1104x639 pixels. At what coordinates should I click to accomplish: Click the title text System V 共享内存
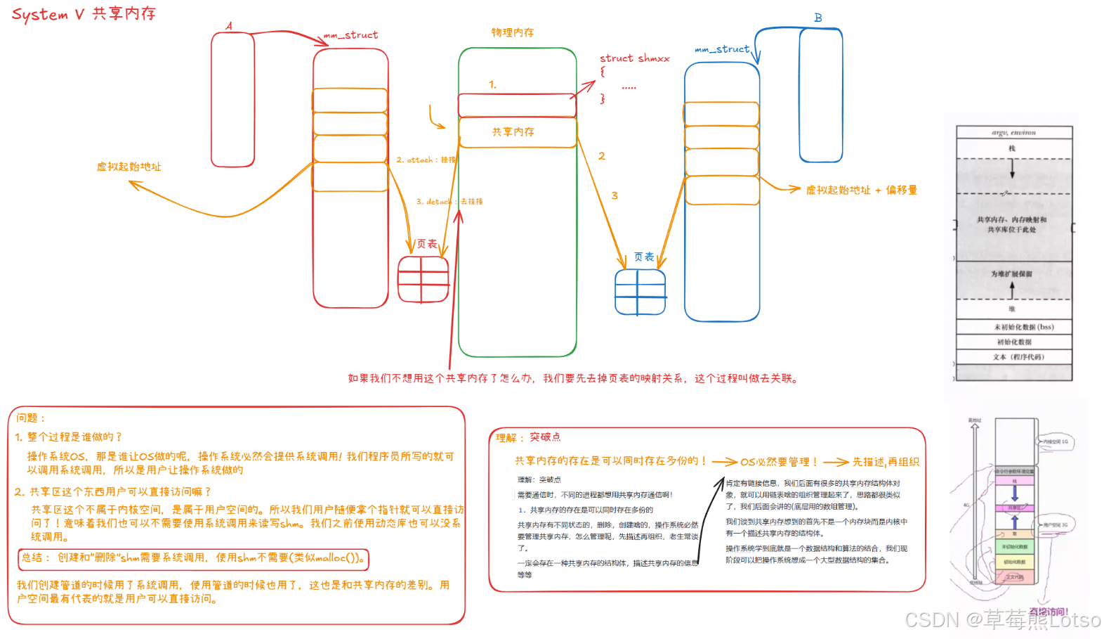tap(84, 14)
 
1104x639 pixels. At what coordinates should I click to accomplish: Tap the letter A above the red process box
tap(229, 26)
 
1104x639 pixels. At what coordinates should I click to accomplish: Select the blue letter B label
tap(818, 18)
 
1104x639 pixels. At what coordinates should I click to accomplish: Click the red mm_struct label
tap(351, 35)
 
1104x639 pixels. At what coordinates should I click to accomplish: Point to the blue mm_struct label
tap(722, 49)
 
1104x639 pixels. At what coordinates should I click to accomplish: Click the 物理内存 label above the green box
tap(513, 32)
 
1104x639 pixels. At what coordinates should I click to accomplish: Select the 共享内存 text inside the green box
tap(513, 132)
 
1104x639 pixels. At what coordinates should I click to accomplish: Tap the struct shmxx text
tap(634, 58)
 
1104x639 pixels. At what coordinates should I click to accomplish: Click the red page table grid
tap(423, 279)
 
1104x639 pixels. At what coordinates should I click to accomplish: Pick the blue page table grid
tap(640, 292)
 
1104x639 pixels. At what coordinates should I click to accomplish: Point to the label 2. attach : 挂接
tap(426, 160)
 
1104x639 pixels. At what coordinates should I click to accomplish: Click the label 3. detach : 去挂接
tap(449, 202)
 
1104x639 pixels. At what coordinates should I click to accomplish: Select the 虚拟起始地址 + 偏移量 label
tap(862, 190)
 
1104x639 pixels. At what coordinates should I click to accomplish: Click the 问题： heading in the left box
tap(31, 418)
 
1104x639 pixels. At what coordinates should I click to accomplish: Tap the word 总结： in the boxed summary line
tap(35, 557)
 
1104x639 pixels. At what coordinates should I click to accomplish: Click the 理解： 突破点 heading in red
tap(528, 437)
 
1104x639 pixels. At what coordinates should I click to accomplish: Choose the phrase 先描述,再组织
tap(886, 462)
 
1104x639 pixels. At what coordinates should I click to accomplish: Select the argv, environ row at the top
tap(1013, 133)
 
